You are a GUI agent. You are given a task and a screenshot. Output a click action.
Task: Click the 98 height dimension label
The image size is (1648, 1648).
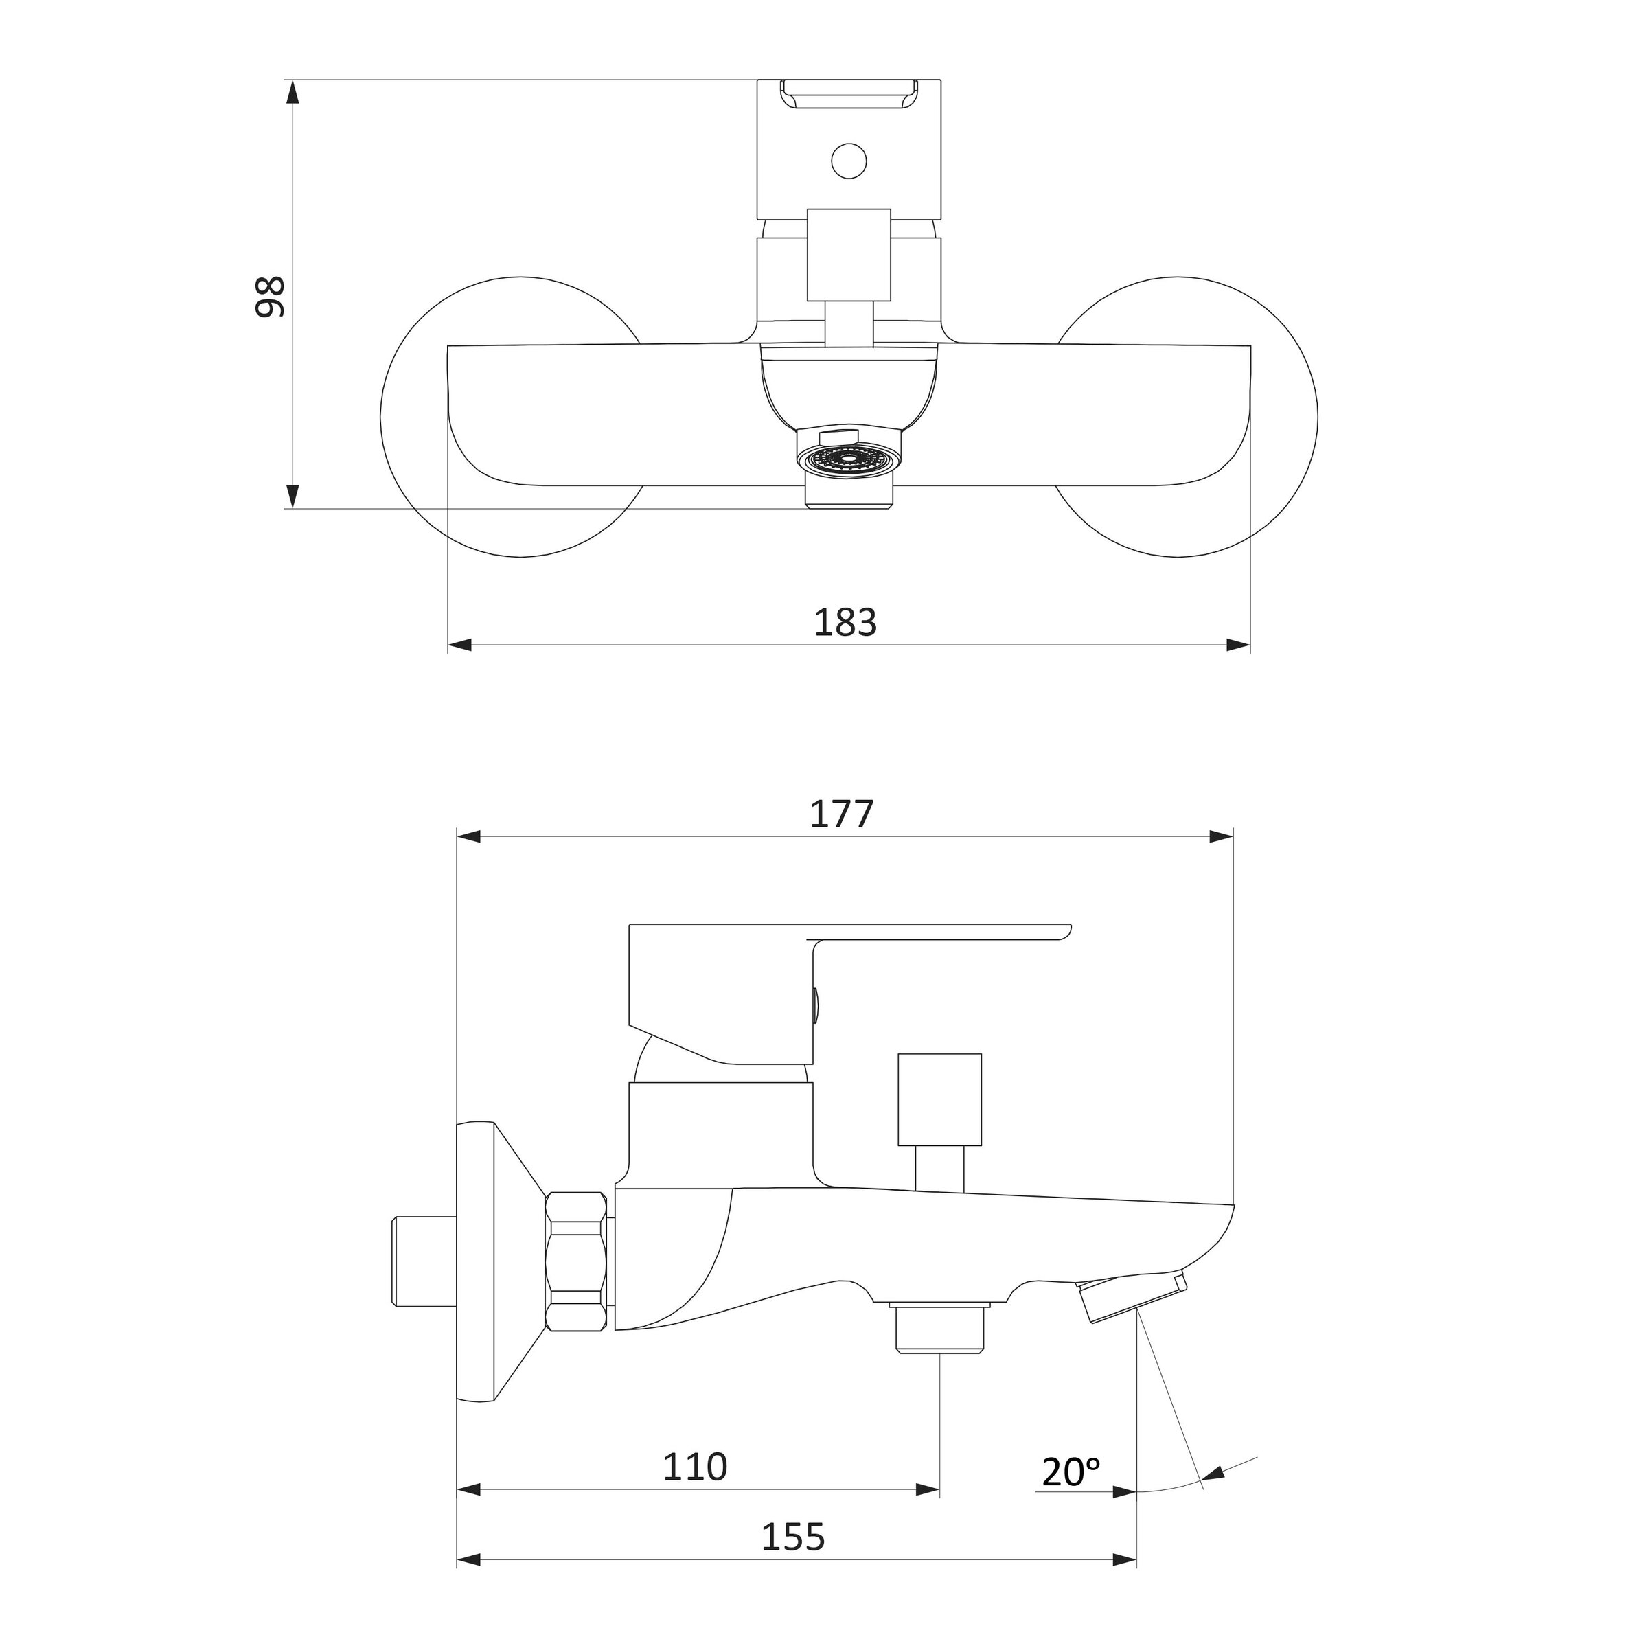[270, 296]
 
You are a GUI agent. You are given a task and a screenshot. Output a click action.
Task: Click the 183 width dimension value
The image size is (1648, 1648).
[845, 623]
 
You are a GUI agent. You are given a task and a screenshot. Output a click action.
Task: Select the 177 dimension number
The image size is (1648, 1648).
[841, 814]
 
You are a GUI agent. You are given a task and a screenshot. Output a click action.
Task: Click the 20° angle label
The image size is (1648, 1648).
[1071, 1472]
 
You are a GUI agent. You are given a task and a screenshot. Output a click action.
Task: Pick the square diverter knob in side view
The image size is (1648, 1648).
[939, 1099]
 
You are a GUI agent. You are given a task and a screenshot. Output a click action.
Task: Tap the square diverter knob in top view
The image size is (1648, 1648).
[849, 254]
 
